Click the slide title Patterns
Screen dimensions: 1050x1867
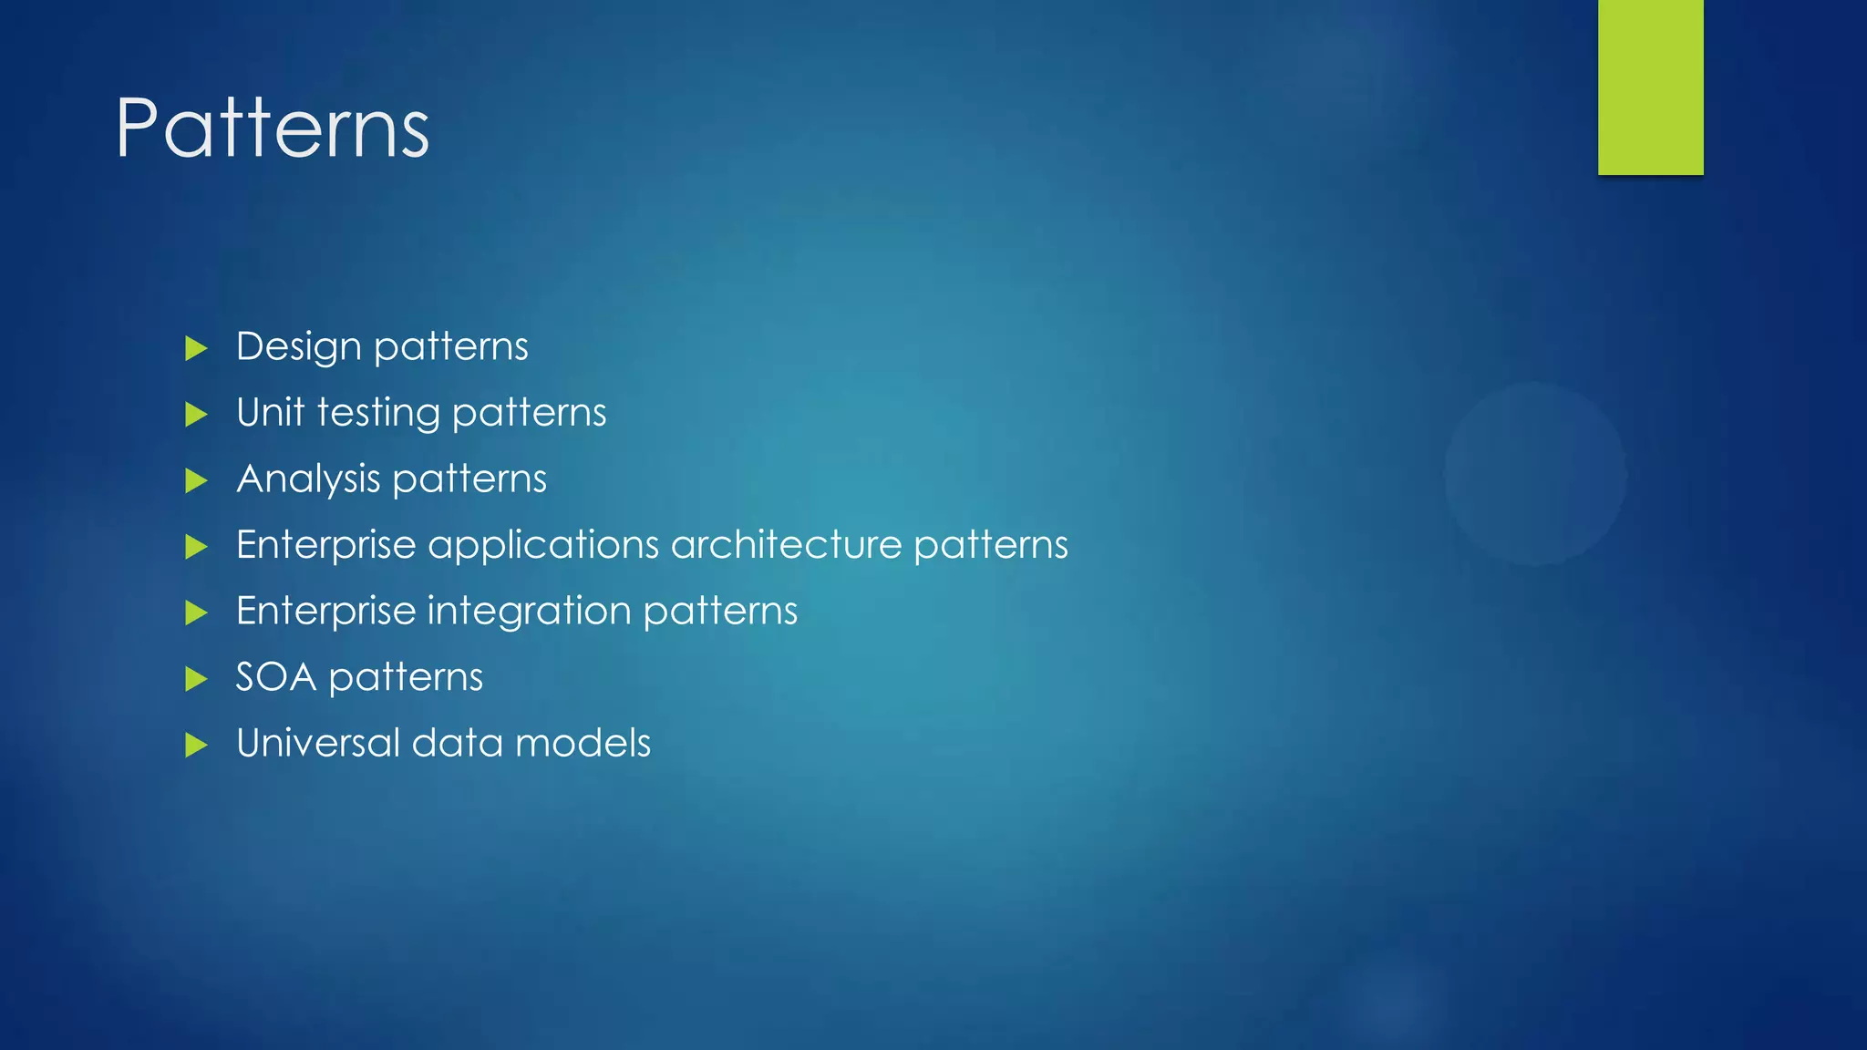tap(272, 129)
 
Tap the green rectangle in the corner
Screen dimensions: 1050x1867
tap(1650, 87)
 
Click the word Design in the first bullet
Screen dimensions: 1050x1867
tap(298, 347)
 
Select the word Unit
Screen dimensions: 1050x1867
tap(270, 412)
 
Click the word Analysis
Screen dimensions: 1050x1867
tap(308, 479)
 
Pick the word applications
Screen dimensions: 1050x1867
tap(543, 546)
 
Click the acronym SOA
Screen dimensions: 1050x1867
tap(275, 677)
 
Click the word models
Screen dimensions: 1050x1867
tap(583, 743)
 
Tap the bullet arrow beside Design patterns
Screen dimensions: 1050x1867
tap(196, 348)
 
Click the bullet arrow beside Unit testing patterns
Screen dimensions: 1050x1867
tap(196, 415)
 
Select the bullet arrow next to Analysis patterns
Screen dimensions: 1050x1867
tap(196, 480)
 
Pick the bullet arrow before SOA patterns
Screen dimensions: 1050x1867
tap(196, 679)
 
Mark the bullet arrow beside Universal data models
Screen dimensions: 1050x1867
tap(196, 746)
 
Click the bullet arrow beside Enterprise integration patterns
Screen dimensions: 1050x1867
tap(196, 612)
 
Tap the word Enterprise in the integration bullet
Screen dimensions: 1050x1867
tap(325, 612)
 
